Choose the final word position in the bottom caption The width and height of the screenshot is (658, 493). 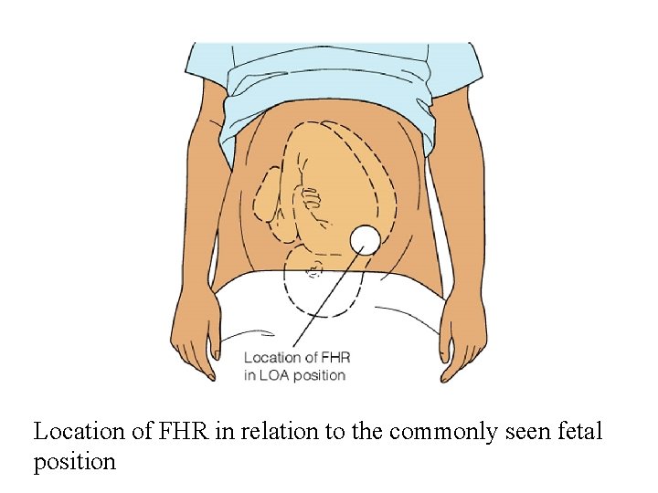click(75, 462)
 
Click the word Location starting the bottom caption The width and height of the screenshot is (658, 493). click(77, 432)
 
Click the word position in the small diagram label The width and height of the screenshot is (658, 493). click(319, 375)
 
